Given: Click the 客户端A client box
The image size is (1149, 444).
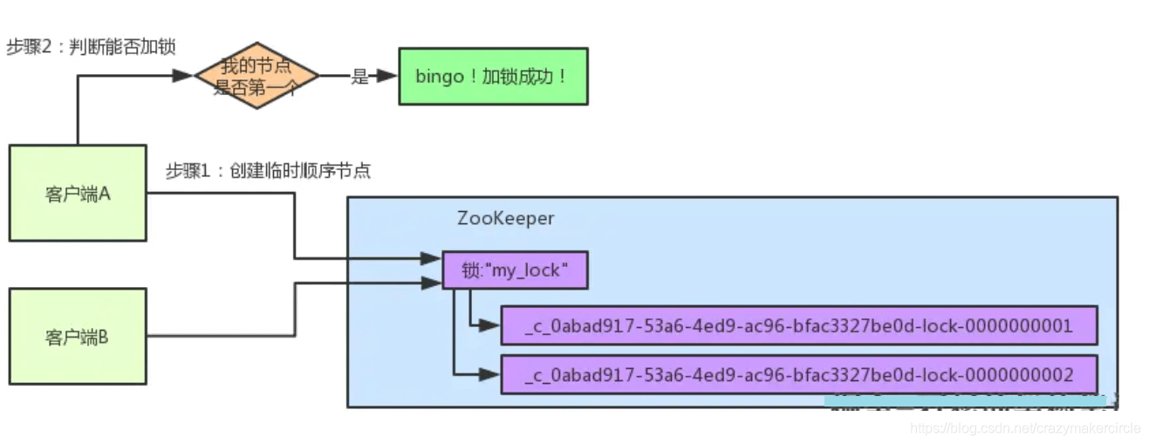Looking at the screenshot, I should [x=78, y=193].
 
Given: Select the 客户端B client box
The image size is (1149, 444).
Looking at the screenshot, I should [x=78, y=337].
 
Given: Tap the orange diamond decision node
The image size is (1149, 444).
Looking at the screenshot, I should [x=256, y=77].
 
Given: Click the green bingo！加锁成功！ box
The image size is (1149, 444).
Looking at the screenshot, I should [x=493, y=77].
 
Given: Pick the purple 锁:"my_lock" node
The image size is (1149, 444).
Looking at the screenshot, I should [x=515, y=271].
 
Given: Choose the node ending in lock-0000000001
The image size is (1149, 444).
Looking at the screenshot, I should [x=798, y=326].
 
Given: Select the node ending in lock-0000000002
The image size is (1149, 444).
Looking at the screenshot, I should [x=798, y=375].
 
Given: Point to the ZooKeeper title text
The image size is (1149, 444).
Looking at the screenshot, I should [x=505, y=218].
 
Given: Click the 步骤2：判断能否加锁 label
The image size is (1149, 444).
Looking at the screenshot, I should [x=91, y=47].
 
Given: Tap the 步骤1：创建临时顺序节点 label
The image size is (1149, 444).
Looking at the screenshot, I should [x=268, y=171].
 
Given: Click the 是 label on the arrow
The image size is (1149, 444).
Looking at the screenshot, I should [x=359, y=77].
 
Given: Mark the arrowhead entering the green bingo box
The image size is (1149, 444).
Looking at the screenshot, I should [x=389, y=77].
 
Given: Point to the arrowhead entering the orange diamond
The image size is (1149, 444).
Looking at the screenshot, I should [x=183, y=77].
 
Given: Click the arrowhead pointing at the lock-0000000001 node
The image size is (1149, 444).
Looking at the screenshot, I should [x=490, y=326].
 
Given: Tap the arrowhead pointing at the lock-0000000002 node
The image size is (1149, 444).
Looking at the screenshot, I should [x=490, y=375].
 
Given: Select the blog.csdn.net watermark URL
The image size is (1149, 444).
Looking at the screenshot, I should [x=1025, y=429].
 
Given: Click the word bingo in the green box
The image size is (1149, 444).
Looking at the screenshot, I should [x=440, y=77].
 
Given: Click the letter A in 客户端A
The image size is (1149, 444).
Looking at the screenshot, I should [x=104, y=193].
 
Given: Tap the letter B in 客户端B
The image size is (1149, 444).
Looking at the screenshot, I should [x=104, y=337].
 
